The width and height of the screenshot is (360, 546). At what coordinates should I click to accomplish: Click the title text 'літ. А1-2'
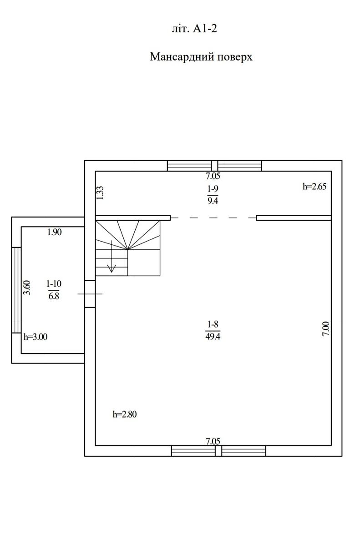coord(194,29)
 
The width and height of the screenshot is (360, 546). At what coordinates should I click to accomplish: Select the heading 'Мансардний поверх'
coord(201,57)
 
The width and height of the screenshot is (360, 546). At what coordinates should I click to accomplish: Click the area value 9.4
coord(213,201)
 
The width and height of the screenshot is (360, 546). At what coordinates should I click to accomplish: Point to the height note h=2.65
coord(314,187)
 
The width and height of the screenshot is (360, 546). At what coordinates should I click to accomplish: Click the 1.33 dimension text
coord(100,193)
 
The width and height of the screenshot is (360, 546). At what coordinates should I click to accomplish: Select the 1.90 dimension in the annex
coord(54,232)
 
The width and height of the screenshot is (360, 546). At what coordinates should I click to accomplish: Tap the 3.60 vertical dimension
coord(27,288)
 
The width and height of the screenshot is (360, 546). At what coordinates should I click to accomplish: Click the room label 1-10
coord(54,283)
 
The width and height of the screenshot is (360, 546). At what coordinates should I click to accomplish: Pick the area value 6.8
coord(54,296)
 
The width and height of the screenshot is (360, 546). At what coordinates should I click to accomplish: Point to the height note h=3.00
coord(35,337)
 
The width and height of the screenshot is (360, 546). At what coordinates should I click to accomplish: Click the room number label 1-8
coord(213,324)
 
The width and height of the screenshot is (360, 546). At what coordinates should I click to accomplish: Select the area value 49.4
coord(213,336)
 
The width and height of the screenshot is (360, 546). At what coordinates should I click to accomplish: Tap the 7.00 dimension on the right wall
coord(326,329)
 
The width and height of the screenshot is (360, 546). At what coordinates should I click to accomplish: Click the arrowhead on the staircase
coord(112,268)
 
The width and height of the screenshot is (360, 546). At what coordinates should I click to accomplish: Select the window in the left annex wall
coord(16,290)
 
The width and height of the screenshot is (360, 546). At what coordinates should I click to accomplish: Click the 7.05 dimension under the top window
coord(213,176)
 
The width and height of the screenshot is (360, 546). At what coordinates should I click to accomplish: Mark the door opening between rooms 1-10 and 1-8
coord(90,294)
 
